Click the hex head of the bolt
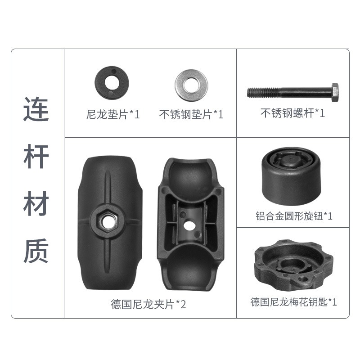(335, 93)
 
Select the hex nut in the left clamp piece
(107, 222)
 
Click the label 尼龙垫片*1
(113, 114)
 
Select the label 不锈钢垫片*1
(191, 114)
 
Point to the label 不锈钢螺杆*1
(293, 113)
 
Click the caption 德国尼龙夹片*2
(148, 304)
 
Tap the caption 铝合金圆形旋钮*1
(294, 216)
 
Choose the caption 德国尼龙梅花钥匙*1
(294, 302)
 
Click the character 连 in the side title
(36, 109)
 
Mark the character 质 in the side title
(36, 251)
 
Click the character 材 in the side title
(36, 203)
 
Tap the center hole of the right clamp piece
(190, 226)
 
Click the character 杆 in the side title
(36, 157)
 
